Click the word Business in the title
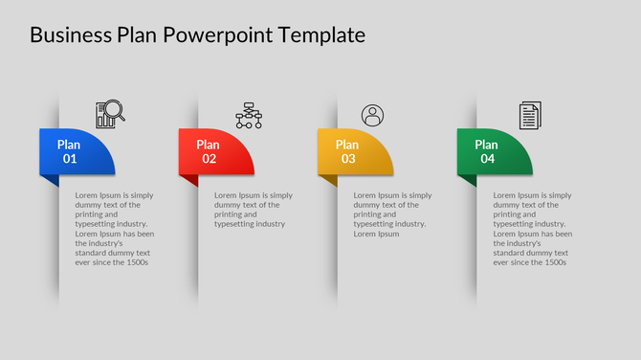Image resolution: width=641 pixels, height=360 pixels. (x=71, y=35)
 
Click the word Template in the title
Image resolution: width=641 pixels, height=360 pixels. (x=321, y=35)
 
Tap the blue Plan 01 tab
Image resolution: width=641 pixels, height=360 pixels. (x=77, y=151)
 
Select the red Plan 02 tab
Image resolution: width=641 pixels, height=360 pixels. (x=215, y=151)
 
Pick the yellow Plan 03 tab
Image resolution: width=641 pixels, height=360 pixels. (x=354, y=151)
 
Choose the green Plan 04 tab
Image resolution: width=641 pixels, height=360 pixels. (x=494, y=151)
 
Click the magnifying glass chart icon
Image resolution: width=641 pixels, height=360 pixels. (x=110, y=115)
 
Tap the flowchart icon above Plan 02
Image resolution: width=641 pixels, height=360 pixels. (x=249, y=115)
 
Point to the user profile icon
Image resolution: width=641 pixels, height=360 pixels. (x=372, y=116)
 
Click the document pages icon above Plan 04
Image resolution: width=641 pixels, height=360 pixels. (x=529, y=116)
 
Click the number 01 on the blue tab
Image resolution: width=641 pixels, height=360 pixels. (x=70, y=159)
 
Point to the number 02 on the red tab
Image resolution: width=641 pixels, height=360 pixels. (x=209, y=159)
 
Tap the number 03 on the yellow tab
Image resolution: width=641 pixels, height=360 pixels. (x=348, y=159)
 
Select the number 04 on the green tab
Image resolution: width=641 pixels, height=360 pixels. (x=487, y=159)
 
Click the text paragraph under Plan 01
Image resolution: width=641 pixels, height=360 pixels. (x=115, y=228)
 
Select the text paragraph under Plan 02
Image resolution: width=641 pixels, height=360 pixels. (x=253, y=210)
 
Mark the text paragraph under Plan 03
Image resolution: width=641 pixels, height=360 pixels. (x=392, y=214)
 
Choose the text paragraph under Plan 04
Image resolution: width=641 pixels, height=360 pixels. (x=532, y=228)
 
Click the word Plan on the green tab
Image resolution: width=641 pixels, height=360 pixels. (x=487, y=145)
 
